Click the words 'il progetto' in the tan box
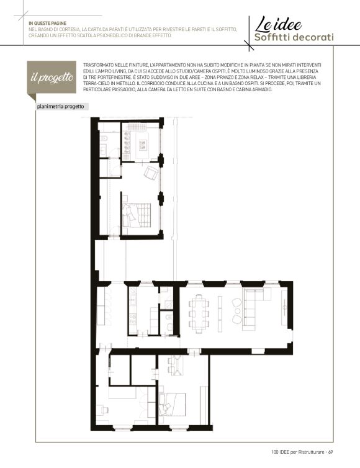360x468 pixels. tap(52, 78)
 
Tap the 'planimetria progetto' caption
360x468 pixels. tap(60, 107)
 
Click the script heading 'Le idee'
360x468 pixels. tap(278, 25)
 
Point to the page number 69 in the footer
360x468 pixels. tap(330, 452)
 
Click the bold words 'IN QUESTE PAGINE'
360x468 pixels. tap(47, 24)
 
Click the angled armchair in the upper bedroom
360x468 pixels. tap(151, 173)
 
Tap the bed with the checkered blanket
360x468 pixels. tap(137, 215)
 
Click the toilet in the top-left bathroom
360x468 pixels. tap(104, 139)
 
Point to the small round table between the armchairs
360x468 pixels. tap(238, 311)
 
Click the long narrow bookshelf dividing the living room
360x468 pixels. tap(220, 313)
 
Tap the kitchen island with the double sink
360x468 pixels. tap(142, 146)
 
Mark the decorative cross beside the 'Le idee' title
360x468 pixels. tap(249, 45)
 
